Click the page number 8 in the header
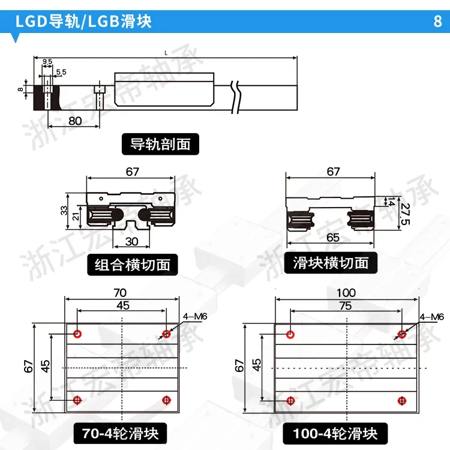436,22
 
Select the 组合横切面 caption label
133,263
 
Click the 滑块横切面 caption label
334,262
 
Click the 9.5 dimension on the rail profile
47,62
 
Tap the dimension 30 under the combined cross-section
133,241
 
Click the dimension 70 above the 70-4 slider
120,293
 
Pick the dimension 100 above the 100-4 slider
346,293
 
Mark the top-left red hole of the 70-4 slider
77,334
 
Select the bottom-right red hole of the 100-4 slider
403,400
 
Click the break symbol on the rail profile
238,95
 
